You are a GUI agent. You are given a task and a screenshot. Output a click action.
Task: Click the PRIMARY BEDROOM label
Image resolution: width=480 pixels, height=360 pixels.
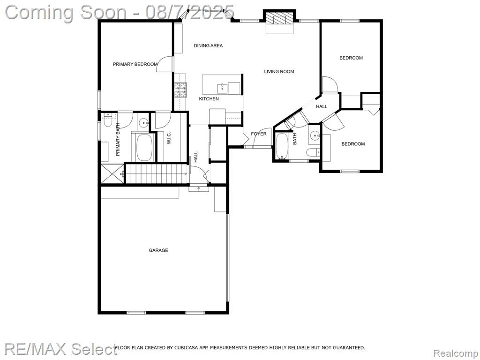pos(135,64)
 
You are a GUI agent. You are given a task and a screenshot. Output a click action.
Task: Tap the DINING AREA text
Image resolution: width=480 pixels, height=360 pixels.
pos(208,45)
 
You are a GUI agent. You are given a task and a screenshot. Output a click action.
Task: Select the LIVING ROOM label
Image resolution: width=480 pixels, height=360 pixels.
pos(279,72)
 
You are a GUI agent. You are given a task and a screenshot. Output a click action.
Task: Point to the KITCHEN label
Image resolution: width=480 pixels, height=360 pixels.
pos(209,99)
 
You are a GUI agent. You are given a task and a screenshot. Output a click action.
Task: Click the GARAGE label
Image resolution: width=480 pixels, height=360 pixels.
pos(158,250)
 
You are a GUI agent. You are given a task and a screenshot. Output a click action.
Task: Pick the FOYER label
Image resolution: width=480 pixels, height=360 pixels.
pos(259,134)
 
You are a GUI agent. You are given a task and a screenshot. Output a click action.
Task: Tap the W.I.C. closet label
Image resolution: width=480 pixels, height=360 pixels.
pos(169,138)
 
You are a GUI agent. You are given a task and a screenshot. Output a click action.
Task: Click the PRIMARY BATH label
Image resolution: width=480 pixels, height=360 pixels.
pos(118,139)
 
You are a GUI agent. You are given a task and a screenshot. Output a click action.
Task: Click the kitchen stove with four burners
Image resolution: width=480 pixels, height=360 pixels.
pos(180,90)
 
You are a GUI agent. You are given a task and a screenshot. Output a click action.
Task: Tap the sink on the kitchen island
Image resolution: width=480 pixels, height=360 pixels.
pos(223,88)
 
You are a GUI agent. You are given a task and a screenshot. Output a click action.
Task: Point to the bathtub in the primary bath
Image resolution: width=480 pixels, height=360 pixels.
pos(145,148)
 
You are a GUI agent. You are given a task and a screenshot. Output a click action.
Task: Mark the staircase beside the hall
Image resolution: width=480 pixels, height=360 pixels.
pos(157,174)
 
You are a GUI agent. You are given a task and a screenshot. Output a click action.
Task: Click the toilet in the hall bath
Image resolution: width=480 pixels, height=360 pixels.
pos(314,152)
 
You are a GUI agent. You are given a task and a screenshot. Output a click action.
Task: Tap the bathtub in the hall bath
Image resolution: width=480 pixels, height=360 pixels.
pos(282,147)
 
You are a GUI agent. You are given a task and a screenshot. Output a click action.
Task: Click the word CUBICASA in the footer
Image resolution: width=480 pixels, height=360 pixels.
pos(187,347)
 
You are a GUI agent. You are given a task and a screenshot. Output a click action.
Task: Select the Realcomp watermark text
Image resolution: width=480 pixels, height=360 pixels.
pos(456,353)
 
